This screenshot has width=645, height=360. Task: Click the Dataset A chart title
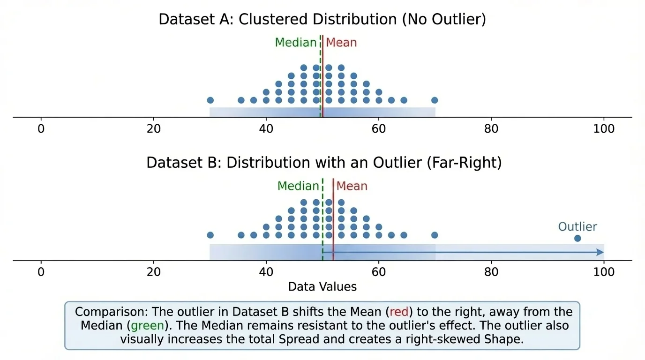(x=322, y=20)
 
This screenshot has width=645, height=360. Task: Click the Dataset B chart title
(x=324, y=163)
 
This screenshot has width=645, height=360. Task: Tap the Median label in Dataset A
(x=296, y=43)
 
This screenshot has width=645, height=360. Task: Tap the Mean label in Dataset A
(x=341, y=43)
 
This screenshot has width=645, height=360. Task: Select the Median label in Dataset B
(x=298, y=186)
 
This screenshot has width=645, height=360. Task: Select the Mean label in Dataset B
(x=352, y=186)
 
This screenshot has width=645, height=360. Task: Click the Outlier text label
(x=577, y=227)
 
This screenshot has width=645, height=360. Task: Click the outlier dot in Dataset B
(x=577, y=239)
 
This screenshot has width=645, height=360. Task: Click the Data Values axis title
(x=322, y=287)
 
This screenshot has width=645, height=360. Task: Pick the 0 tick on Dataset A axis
(x=41, y=129)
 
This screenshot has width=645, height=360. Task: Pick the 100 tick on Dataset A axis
(x=604, y=129)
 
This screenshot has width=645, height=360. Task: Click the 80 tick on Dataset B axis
(x=491, y=272)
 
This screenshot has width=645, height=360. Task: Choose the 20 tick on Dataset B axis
(x=154, y=272)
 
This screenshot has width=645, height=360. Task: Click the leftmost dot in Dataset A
(x=210, y=100)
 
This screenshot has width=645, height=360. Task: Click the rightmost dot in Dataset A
(x=435, y=100)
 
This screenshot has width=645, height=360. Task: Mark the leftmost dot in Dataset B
(x=210, y=235)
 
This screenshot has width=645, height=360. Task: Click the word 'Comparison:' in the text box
(x=105, y=312)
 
